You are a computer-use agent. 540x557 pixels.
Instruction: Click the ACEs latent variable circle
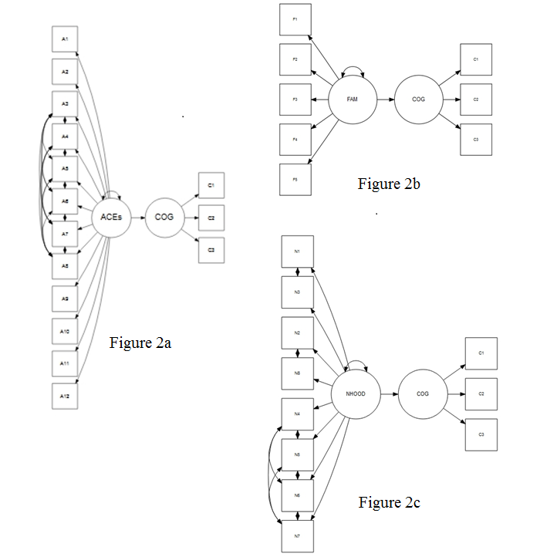pos(111,218)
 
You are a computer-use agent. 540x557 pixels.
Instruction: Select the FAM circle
pos(353,100)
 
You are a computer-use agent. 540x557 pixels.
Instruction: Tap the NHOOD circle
pos(353,393)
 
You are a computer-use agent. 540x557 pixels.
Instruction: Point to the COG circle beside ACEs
pos(164,218)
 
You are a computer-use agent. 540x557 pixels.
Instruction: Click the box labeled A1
pos(65,39)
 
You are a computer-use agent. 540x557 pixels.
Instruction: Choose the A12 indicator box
pos(65,396)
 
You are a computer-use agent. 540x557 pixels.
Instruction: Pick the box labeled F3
pos(295,100)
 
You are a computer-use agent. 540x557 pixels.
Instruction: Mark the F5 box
pos(295,179)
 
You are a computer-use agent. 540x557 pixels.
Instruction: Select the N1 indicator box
pos(297,251)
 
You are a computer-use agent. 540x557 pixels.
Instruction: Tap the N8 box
pos(297,373)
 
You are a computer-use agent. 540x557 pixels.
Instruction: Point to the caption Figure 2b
pos(389,184)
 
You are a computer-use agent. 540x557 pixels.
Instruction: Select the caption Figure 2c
pos(389,503)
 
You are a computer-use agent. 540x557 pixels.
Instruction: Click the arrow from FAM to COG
pos(386,100)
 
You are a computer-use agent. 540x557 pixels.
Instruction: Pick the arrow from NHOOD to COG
pos(387,393)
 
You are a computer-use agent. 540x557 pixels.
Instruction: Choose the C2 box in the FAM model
pos(476,100)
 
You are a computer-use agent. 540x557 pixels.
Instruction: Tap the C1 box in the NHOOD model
pos(481,353)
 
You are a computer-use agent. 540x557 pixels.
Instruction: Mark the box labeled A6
pos(65,201)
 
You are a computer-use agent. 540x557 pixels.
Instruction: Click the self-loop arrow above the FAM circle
pos(353,71)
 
